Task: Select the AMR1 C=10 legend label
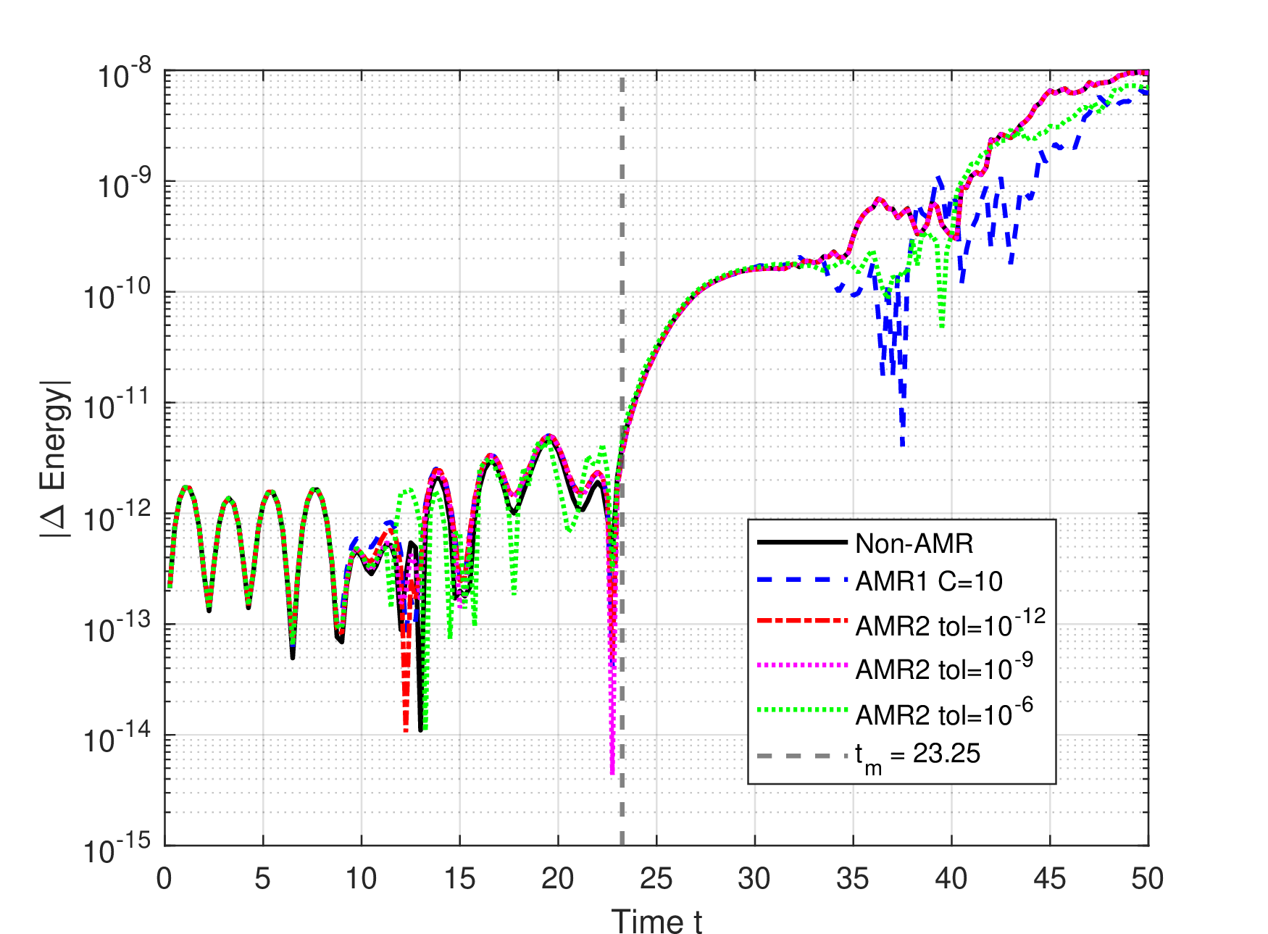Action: tap(929, 581)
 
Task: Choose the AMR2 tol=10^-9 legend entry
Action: tap(895, 667)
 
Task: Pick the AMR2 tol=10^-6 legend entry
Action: tap(895, 712)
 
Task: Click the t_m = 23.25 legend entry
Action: tap(868, 756)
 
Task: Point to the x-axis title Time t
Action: tap(656, 922)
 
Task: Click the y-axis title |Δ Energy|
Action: tap(55, 458)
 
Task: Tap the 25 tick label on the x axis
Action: tap(656, 878)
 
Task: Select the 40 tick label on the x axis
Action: tap(951, 878)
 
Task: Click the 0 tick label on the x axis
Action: tap(164, 878)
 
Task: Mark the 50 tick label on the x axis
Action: tap(1148, 878)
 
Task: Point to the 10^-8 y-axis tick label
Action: tap(125, 74)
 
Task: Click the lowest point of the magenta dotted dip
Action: tap(612, 774)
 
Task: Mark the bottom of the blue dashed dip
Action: tap(903, 445)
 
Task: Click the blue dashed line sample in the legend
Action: tap(801, 581)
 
